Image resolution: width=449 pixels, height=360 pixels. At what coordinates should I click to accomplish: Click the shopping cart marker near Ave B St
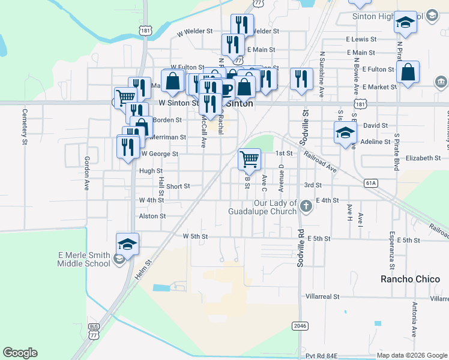click(249, 159)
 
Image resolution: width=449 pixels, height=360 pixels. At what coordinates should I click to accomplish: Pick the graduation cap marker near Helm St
click(127, 244)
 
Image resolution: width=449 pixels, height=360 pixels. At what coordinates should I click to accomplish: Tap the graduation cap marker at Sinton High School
click(405, 23)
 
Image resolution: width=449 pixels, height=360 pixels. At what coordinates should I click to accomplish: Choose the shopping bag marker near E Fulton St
click(408, 73)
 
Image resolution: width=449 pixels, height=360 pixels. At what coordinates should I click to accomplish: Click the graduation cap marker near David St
click(346, 132)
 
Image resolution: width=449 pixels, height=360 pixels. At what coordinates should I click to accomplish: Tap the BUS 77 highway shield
click(94, 333)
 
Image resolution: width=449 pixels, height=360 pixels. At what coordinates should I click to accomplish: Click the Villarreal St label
click(322, 296)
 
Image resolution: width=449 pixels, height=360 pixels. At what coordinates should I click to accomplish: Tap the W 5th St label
click(195, 236)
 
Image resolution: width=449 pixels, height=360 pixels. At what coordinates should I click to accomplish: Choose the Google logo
click(20, 353)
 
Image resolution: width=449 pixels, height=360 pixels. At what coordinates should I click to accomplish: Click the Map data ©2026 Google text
click(411, 356)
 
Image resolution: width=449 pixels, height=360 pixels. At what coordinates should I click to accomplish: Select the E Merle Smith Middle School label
click(83, 259)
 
